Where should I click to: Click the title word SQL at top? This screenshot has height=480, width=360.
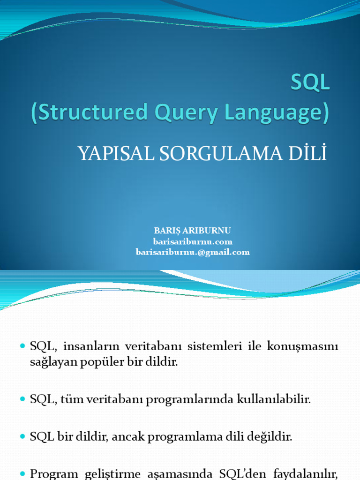coord(310,83)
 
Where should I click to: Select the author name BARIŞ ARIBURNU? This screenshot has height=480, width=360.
coord(193,231)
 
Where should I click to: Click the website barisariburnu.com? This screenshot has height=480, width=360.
coord(193,241)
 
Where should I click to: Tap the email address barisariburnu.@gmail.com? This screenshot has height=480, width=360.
coord(193,252)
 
